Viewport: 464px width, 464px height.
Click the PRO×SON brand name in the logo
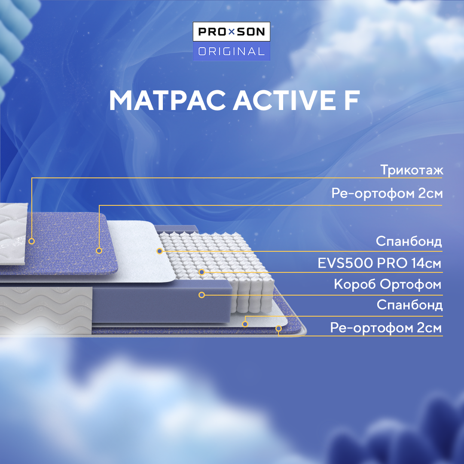click(x=232, y=32)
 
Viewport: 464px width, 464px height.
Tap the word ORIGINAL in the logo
click(x=232, y=52)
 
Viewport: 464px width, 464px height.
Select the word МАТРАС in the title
click(x=167, y=101)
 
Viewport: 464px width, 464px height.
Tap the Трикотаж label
click(x=412, y=170)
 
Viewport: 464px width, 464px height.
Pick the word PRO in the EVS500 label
click(x=391, y=263)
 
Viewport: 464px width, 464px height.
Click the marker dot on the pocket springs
click(x=201, y=272)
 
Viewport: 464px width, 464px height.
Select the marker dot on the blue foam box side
click(x=201, y=295)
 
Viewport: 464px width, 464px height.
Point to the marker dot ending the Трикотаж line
click(x=31, y=241)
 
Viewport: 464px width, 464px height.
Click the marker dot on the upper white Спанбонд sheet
click(x=159, y=250)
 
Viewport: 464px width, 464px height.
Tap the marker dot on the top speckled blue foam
click(x=99, y=250)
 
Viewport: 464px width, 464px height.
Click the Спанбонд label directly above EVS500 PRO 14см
click(x=409, y=241)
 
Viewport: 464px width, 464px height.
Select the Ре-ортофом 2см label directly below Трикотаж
click(x=387, y=194)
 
